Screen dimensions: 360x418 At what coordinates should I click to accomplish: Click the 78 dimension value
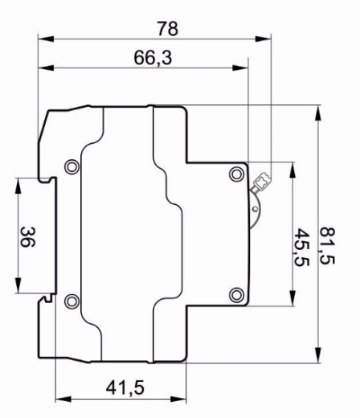(167, 29)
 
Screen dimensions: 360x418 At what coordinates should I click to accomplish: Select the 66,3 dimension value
(153, 58)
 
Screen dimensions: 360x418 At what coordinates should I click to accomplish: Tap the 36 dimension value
(27, 237)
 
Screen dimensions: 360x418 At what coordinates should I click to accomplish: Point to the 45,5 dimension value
(301, 248)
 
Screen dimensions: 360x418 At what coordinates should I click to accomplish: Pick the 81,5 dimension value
(328, 246)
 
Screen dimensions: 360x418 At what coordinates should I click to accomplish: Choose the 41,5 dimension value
(125, 388)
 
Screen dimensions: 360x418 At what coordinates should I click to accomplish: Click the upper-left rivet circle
(72, 166)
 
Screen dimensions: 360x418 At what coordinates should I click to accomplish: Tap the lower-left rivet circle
(72, 301)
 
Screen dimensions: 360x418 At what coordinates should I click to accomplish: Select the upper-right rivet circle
(237, 174)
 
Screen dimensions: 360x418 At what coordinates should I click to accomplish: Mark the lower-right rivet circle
(237, 295)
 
